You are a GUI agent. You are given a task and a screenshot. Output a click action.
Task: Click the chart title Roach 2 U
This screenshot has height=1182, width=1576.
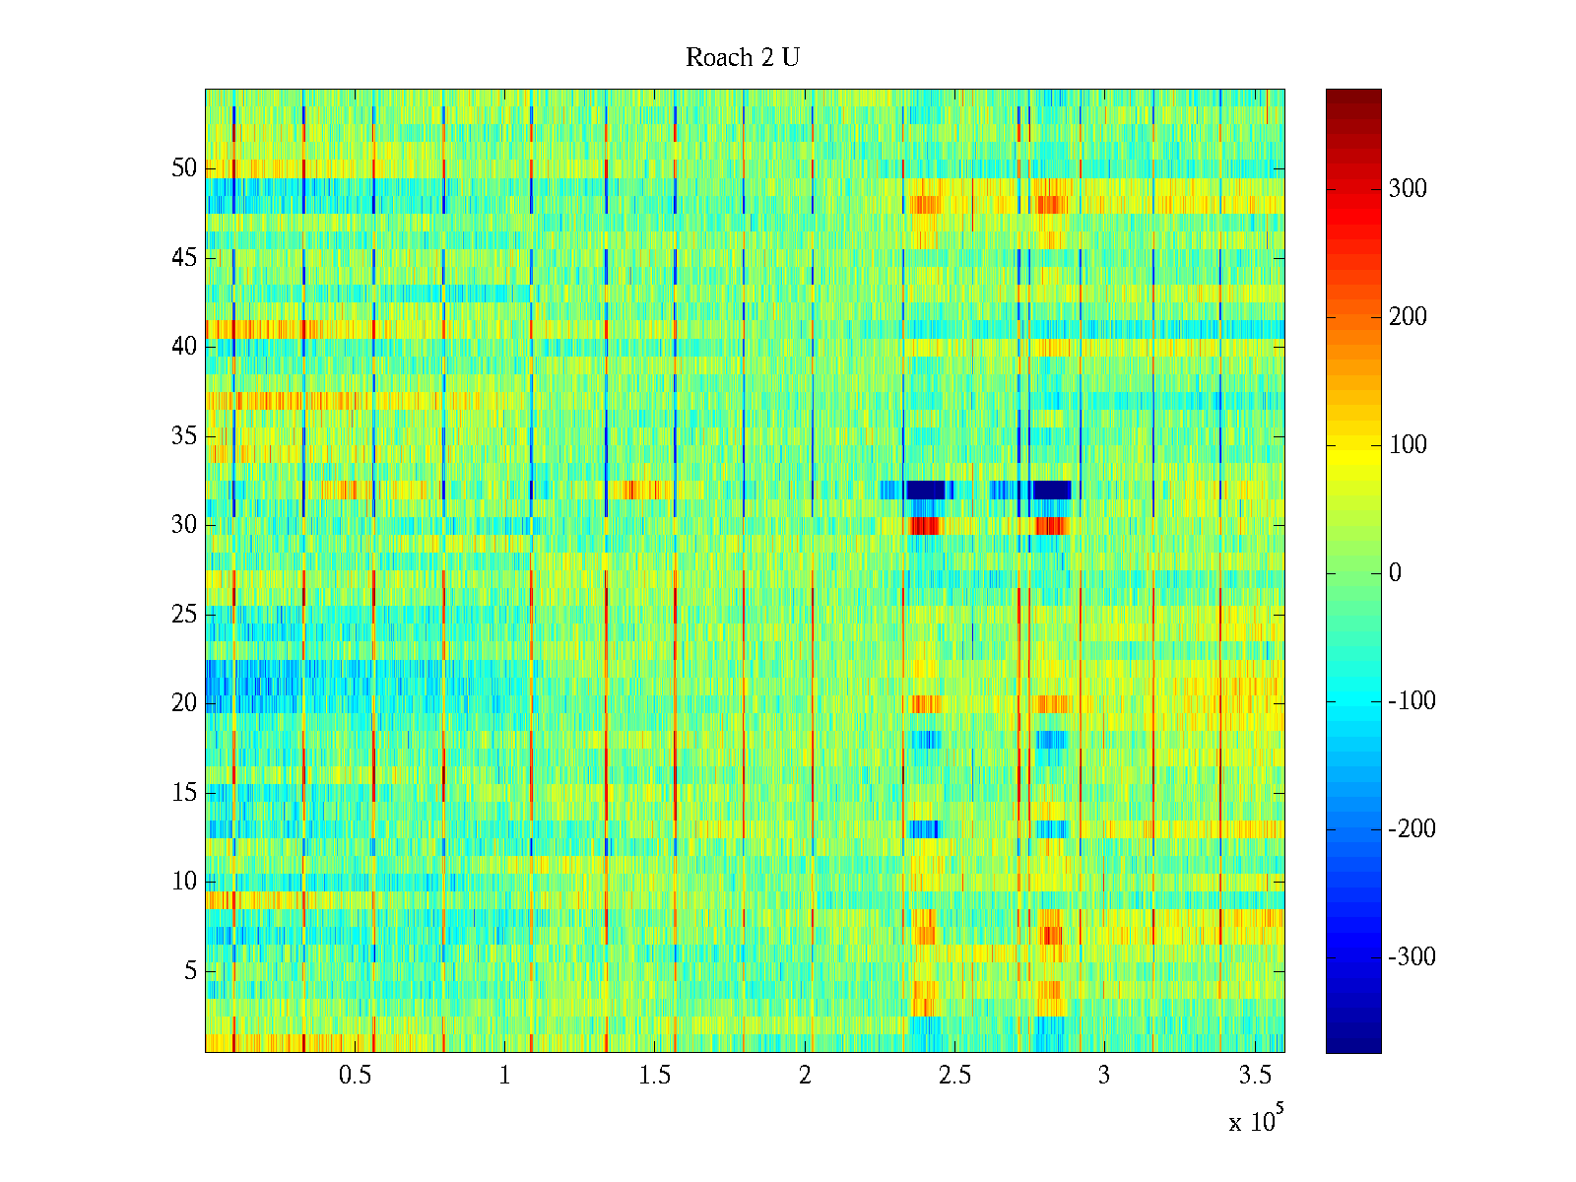743,58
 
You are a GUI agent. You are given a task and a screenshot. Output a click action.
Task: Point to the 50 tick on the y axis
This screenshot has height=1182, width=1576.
184,168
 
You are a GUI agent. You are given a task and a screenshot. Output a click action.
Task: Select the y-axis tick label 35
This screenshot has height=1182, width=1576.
184,436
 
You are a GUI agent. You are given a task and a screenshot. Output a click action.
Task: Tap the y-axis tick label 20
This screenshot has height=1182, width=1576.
184,703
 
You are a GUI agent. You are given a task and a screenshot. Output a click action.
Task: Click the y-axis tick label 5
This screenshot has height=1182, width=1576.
190,971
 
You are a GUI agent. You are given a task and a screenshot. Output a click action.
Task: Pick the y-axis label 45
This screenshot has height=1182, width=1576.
184,258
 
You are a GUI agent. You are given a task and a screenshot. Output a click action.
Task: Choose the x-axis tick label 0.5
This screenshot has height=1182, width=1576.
355,1076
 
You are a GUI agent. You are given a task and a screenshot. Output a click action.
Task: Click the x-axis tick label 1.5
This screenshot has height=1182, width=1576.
655,1076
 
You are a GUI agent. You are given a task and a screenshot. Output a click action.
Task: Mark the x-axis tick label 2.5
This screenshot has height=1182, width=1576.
954,1076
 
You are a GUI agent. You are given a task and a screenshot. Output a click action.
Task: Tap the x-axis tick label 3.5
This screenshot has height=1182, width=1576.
1254,1076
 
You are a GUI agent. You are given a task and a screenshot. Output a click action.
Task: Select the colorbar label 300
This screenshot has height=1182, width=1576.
1408,189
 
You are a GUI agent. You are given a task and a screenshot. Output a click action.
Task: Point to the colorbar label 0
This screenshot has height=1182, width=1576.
1395,573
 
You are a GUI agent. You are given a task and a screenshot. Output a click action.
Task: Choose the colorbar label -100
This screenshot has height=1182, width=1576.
1412,701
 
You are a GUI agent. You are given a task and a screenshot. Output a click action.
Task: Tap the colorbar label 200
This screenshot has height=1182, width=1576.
1408,317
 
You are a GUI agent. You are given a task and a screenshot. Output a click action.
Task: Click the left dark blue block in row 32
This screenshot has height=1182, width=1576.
926,490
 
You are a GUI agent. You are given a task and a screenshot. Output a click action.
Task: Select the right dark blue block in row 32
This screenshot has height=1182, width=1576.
1051,490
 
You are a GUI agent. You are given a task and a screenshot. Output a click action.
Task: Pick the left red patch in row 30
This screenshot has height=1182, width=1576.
924,526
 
